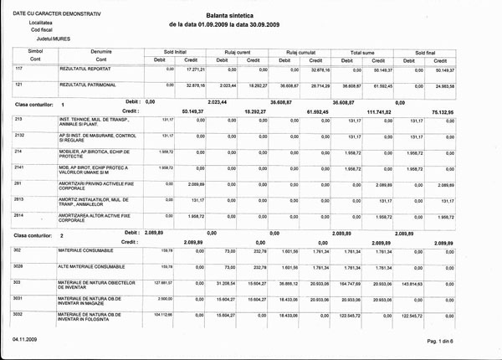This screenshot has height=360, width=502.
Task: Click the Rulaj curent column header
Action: tap(239, 51)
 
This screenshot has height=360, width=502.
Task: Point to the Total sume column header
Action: tap(366, 51)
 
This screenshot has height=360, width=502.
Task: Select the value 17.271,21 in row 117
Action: tap(192, 70)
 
